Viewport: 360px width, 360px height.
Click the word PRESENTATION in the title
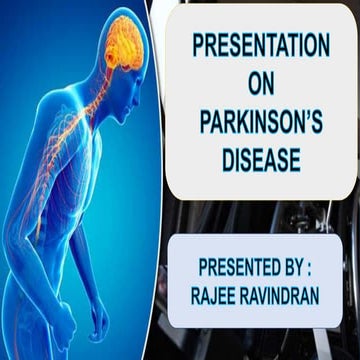pyautogui.click(x=260, y=46)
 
